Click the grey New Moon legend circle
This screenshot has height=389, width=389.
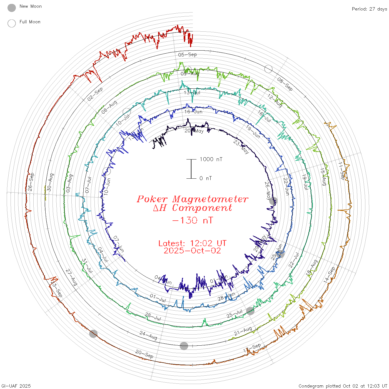tap(12, 8)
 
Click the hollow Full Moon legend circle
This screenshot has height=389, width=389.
tap(12, 23)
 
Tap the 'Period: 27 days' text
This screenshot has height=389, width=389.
tap(369, 9)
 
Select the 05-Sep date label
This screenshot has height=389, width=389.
tap(187, 54)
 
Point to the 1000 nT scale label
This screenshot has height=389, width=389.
tap(211, 159)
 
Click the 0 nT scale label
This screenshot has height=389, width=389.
tap(206, 178)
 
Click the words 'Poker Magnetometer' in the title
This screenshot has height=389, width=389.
tap(192, 199)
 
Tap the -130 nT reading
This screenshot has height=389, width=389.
tap(192, 220)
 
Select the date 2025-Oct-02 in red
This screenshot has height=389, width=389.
tap(192, 251)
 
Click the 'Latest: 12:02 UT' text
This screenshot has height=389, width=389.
tap(192, 243)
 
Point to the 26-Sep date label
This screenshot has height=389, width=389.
tap(31, 182)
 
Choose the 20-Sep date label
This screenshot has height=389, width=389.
tap(144, 354)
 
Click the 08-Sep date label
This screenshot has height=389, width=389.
tap(285, 84)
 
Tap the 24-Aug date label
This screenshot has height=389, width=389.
tap(148, 335)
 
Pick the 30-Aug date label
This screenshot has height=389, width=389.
tap(50, 182)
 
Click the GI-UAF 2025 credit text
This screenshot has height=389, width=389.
tap(16, 386)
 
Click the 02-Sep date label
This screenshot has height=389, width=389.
tap(95, 94)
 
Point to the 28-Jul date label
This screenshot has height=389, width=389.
tap(153, 316)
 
